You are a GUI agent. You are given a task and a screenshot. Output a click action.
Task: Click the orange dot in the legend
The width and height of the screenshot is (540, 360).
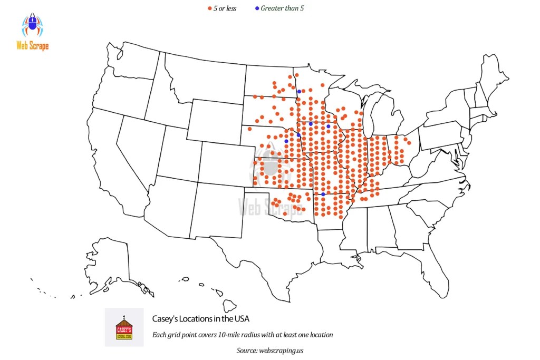(209, 8)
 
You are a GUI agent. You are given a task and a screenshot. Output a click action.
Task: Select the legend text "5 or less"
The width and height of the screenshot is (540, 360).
(224, 8)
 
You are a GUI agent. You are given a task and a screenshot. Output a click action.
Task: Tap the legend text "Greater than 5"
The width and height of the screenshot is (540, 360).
(282, 8)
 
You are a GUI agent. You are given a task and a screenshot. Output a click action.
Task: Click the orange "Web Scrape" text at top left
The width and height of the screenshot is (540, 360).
(32, 46)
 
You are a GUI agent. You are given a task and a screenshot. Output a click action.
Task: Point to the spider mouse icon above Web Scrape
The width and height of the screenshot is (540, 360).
(32, 25)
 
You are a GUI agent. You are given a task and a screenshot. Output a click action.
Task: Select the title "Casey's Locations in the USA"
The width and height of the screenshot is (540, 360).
(200, 319)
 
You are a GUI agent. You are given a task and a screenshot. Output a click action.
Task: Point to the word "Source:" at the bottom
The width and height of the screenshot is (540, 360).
(247, 350)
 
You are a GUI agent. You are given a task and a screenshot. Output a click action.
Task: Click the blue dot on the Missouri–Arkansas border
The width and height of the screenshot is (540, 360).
(323, 194)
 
